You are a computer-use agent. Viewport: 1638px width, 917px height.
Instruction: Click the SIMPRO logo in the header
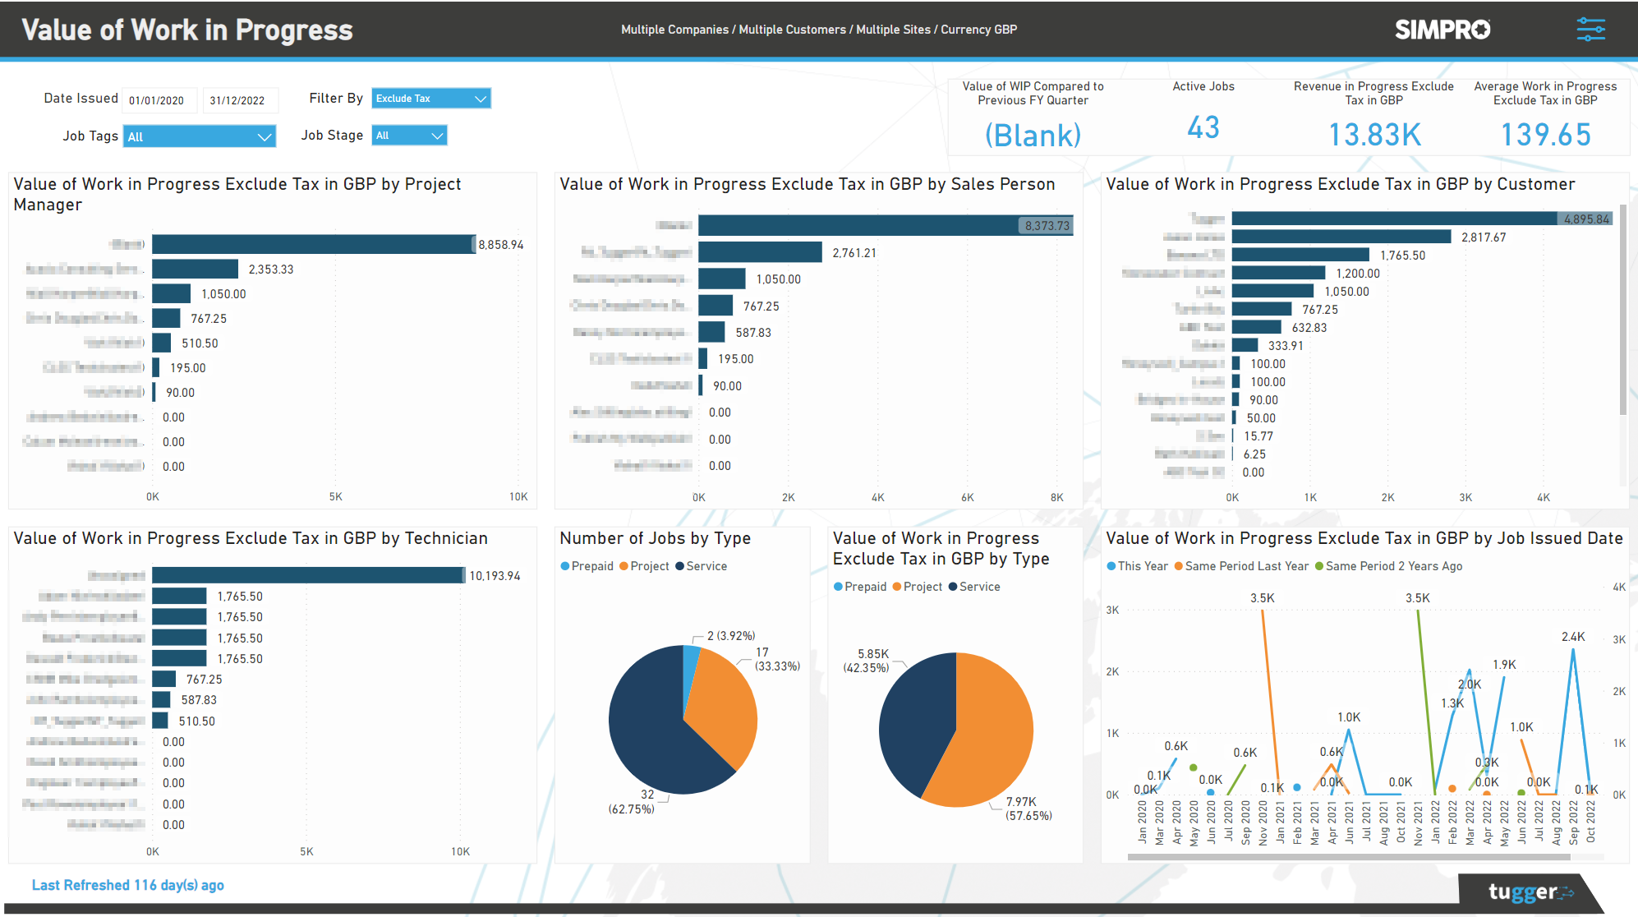coord(1442,30)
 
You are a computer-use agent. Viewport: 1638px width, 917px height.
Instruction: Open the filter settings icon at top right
coord(1590,30)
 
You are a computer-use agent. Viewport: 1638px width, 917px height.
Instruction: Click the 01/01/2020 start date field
coord(159,100)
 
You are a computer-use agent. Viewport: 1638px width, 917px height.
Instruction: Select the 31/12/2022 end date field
coord(239,100)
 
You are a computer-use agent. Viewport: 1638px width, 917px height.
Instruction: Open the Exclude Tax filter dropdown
coord(430,99)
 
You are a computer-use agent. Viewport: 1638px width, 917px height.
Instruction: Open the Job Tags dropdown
coord(199,136)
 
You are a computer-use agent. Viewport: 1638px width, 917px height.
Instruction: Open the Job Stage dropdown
coord(409,136)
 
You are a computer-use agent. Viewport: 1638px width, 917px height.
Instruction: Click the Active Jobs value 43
coord(1203,128)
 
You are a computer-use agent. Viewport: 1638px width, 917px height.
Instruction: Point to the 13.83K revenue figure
coord(1374,135)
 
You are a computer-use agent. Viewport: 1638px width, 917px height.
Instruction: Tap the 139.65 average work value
coord(1545,135)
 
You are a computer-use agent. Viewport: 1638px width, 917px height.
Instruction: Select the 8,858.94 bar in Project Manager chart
coord(312,244)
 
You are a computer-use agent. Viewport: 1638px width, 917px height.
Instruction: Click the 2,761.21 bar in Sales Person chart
coord(760,252)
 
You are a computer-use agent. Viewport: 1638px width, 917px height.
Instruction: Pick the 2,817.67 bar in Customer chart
coord(1341,237)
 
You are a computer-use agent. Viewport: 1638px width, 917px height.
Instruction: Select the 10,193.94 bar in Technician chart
coord(308,575)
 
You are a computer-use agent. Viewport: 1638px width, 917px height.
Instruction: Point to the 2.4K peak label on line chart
coord(1573,637)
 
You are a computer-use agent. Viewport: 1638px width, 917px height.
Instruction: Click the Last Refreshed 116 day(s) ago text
coord(128,885)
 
